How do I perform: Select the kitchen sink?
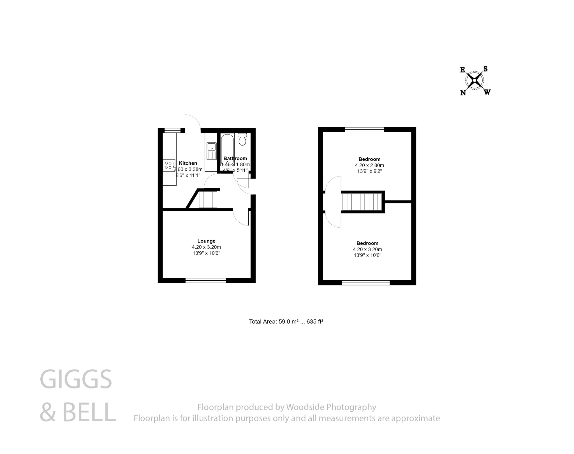pyautogui.click(x=212, y=151)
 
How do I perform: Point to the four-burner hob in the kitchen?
pyautogui.click(x=169, y=165)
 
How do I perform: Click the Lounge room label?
pyautogui.click(x=206, y=241)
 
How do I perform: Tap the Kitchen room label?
pyautogui.click(x=188, y=163)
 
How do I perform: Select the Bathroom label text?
pyautogui.click(x=235, y=159)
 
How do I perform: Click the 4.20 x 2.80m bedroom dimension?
pyautogui.click(x=369, y=165)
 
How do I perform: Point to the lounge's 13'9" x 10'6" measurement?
pyautogui.click(x=206, y=253)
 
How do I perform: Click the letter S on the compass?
pyautogui.click(x=485, y=69)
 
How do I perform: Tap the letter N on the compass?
pyautogui.click(x=463, y=93)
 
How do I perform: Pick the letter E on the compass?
pyautogui.click(x=463, y=70)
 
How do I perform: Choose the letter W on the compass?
pyautogui.click(x=487, y=92)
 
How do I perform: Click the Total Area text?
pyautogui.click(x=286, y=322)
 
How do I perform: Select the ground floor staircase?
pyautogui.click(x=208, y=199)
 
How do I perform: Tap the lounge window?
pyautogui.click(x=206, y=280)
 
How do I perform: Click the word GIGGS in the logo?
pyautogui.click(x=76, y=379)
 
